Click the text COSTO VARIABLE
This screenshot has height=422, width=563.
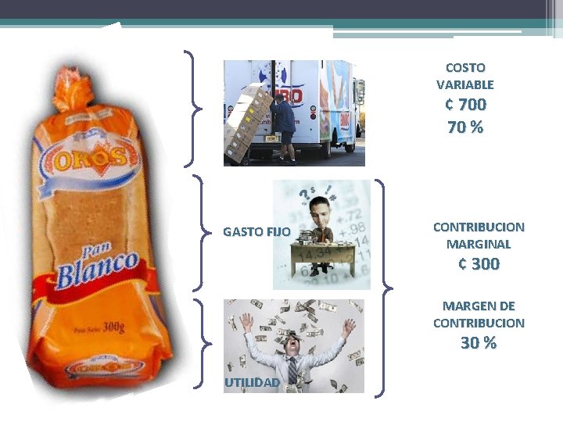point(465,76)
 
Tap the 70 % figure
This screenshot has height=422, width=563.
point(465,127)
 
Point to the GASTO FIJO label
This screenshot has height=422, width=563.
point(256,232)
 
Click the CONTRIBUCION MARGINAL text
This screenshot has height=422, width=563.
point(479,235)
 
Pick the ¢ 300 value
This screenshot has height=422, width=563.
point(479,264)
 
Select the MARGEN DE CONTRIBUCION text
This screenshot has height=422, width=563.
point(479,314)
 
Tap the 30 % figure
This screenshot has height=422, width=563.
point(479,343)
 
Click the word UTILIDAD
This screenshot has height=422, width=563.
point(252,382)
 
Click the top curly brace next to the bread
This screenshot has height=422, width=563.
point(192,109)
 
